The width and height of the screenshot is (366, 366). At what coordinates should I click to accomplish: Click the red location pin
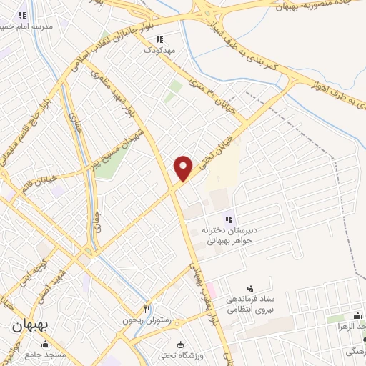184,167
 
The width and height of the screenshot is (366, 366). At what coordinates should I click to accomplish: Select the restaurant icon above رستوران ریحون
148,309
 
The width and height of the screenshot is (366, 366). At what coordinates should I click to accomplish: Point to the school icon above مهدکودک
159,40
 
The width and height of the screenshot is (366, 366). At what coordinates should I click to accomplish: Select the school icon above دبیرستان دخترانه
228,219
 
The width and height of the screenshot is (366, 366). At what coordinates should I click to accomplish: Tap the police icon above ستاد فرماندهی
248,287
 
